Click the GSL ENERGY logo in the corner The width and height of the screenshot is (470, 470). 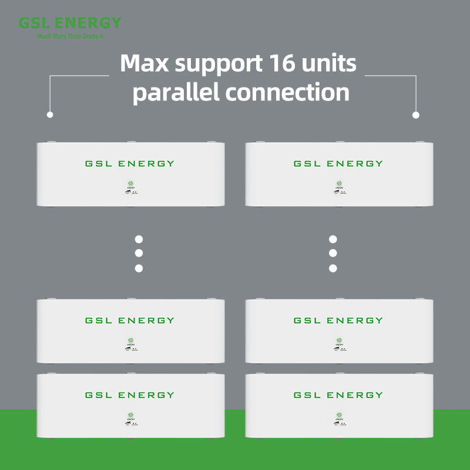pos(69,23)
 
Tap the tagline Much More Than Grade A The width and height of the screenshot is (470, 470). pos(69,36)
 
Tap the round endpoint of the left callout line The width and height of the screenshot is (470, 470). pos(50,115)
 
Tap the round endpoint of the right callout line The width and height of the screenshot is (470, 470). pos(417,115)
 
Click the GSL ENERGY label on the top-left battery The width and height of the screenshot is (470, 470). pos(130,163)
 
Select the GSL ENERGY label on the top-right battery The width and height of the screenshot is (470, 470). pos(338,163)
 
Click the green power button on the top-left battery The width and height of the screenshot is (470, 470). pos(130,184)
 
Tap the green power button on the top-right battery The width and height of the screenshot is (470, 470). pos(339,184)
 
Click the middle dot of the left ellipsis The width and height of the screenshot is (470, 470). pos(139,254)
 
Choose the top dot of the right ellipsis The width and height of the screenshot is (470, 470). pos(333,239)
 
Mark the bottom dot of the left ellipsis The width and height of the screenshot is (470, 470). pos(139,268)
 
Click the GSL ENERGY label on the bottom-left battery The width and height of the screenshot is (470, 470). pos(130,395)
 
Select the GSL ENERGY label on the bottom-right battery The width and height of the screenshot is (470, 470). pos(338,395)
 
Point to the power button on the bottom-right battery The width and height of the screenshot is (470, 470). pos(339,415)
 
